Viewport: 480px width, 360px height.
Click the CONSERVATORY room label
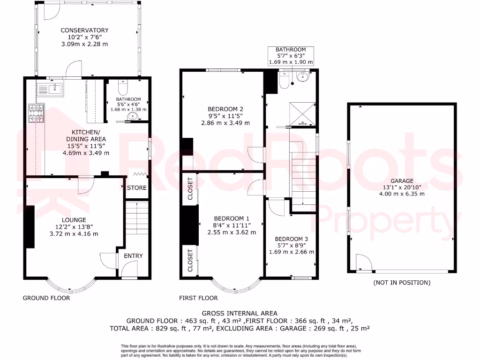click(x=84, y=30)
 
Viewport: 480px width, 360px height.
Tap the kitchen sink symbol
click(x=49, y=88)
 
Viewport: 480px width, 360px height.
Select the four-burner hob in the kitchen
click(x=37, y=113)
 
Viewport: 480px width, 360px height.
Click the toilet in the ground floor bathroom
click(x=123, y=88)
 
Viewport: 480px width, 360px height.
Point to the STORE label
click(x=137, y=188)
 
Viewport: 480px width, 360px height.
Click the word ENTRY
click(x=133, y=255)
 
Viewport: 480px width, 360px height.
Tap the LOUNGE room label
click(x=74, y=220)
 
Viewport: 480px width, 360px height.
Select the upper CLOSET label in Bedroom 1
click(x=190, y=188)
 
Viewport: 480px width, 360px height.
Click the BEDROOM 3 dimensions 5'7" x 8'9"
click(x=291, y=245)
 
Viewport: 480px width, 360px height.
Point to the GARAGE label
click(x=402, y=180)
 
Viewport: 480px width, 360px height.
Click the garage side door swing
click(x=362, y=262)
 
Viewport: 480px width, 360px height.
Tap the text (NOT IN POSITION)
click(x=402, y=283)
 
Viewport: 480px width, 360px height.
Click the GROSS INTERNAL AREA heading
click(x=240, y=313)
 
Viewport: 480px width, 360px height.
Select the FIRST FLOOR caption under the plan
click(x=198, y=298)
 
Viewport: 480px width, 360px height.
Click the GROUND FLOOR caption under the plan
click(x=46, y=298)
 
